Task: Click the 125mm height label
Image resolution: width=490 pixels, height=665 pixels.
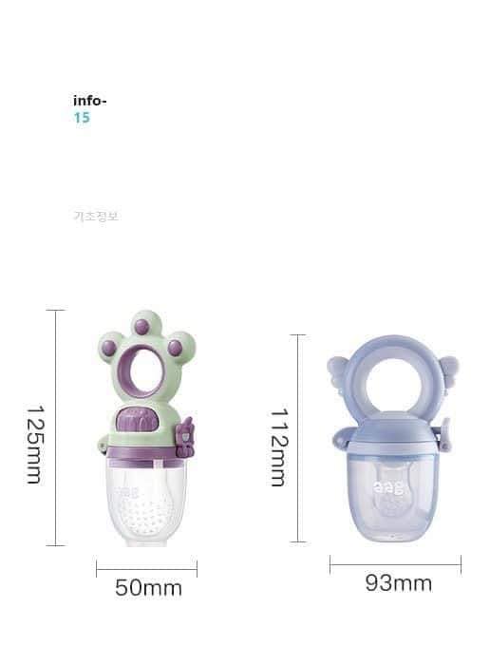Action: pyautogui.click(x=33, y=445)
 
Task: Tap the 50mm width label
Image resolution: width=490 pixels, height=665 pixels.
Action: pyautogui.click(x=148, y=588)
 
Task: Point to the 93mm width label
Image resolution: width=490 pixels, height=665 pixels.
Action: pyautogui.click(x=398, y=582)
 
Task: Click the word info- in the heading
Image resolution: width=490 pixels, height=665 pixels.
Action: pyautogui.click(x=90, y=101)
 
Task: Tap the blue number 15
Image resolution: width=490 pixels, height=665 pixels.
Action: pyautogui.click(x=82, y=118)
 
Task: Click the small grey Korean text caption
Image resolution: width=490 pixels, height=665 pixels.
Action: pyautogui.click(x=96, y=216)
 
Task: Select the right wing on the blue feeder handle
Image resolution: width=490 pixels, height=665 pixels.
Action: pyautogui.click(x=444, y=367)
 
